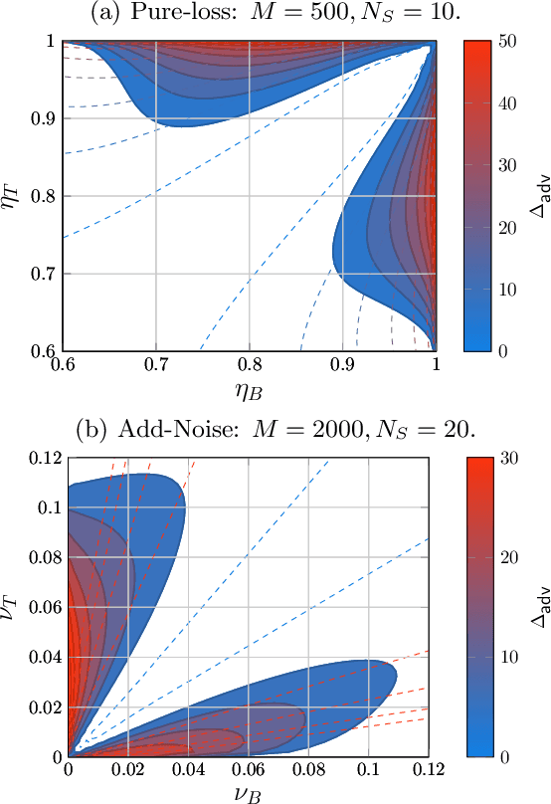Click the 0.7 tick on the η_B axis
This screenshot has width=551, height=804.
click(155, 365)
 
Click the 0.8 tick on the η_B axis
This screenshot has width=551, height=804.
click(250, 365)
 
